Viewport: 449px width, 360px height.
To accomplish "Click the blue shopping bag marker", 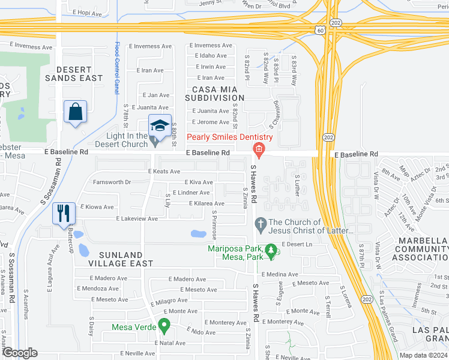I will coord(75,112).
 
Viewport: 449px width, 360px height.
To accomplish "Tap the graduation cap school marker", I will coord(160,126).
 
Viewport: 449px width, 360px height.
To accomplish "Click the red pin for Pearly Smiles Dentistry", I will coord(259,149).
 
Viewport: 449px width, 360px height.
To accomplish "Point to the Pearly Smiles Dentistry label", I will coord(229,137).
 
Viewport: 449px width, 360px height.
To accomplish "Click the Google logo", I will coord(19,353).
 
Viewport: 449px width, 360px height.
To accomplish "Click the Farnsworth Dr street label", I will coord(110,182).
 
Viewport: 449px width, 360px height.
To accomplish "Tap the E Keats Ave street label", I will coord(164,172).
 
